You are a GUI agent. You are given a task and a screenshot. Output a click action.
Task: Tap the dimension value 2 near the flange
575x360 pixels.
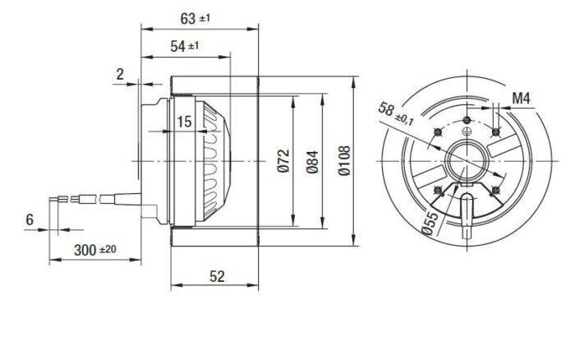tap(120, 75)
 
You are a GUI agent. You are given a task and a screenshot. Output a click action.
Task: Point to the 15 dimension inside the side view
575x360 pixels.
tap(184, 121)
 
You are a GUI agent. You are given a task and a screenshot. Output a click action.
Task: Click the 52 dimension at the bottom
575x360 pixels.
tap(216, 277)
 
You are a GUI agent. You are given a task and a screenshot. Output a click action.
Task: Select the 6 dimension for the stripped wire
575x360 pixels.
tap(30, 219)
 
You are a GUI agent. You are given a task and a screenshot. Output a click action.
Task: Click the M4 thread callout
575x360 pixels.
tap(522, 99)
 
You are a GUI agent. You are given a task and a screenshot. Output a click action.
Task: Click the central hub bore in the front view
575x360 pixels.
tap(466, 158)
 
